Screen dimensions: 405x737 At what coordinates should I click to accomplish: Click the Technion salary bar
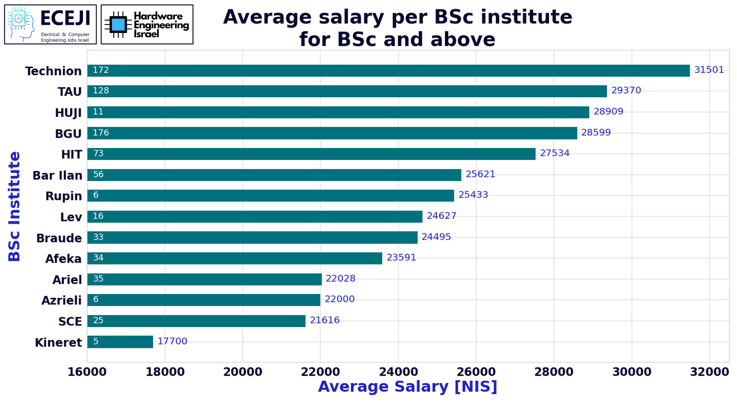(x=388, y=71)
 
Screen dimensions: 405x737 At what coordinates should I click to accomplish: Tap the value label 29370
(x=626, y=90)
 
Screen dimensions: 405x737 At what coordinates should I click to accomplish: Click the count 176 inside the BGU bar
(x=101, y=133)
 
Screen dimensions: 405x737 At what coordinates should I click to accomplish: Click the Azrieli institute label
(x=62, y=300)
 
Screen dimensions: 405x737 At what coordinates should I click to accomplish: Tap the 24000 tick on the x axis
(x=398, y=372)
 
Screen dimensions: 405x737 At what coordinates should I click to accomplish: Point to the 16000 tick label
(x=87, y=372)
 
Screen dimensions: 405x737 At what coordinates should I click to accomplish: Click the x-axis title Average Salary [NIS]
(x=407, y=386)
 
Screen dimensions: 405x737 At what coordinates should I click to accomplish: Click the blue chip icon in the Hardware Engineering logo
(x=118, y=25)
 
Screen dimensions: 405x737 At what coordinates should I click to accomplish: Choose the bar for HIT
(x=311, y=154)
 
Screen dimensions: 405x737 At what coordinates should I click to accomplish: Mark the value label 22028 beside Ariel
(x=340, y=278)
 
